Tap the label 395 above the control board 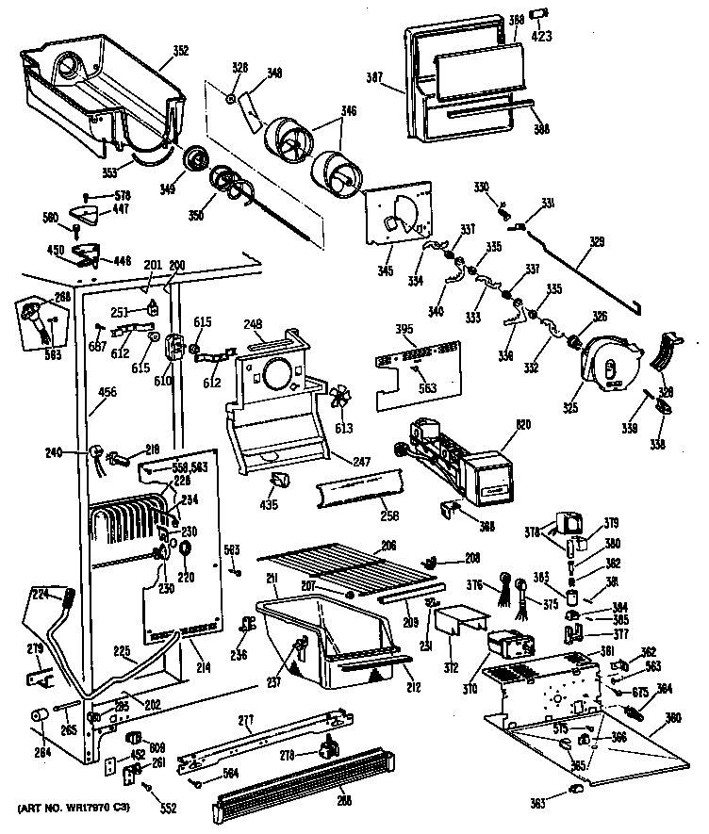pyautogui.click(x=404, y=332)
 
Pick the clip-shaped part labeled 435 pyautogui.click(x=279, y=483)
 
